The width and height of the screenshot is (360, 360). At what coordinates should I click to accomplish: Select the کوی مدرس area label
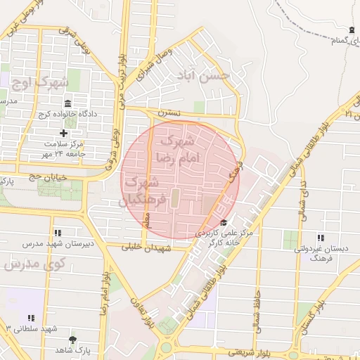[34, 264]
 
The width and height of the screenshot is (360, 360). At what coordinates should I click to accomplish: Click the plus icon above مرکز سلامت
[64, 133]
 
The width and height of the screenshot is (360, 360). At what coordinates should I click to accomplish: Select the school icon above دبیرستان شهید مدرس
[56, 233]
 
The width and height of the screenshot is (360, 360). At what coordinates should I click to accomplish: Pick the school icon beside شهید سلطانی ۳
[32, 319]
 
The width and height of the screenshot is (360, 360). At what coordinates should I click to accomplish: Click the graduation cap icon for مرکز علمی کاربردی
[224, 223]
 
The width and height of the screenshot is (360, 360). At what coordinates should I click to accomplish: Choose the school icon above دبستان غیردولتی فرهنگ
[321, 238]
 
